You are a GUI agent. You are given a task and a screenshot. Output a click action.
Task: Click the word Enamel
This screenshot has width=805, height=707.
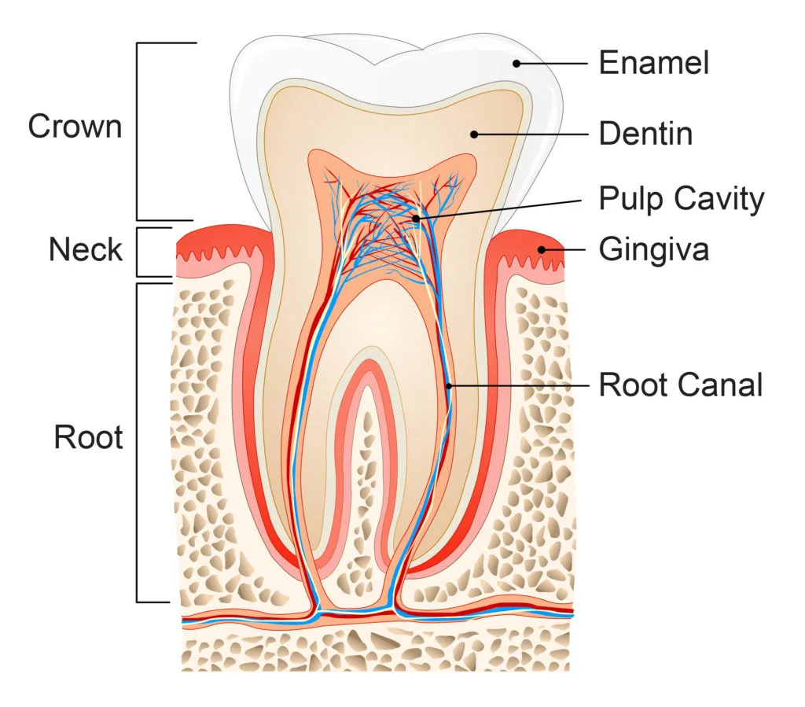pos(653,63)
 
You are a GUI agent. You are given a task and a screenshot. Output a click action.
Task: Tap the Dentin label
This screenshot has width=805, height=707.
pos(645,134)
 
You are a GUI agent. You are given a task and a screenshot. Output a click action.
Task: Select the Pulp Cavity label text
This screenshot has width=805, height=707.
pos(681,199)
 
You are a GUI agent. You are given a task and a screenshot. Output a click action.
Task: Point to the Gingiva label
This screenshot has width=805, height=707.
pos(653,250)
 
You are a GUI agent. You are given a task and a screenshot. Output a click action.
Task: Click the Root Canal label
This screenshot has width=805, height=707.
pos(681,385)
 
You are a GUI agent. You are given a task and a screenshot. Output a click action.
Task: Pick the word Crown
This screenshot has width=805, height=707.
pos(75,127)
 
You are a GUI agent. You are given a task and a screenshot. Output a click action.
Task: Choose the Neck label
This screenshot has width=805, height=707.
pos(86,250)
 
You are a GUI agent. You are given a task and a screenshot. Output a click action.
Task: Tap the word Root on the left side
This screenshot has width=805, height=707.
pos(88,437)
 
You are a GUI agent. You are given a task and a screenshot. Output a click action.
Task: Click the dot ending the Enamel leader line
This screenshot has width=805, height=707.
pos(516,63)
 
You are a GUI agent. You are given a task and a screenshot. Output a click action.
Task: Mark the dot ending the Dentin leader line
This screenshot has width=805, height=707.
pos(474,134)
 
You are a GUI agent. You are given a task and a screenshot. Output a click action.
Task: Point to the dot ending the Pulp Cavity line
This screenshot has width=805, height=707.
pos(417,218)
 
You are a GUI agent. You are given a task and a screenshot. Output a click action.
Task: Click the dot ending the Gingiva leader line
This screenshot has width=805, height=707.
pos(542,250)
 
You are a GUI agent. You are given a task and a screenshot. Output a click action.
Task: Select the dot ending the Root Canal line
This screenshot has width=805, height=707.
pos(449,385)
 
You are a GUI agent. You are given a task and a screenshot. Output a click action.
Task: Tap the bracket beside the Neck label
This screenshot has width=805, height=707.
pos(138,252)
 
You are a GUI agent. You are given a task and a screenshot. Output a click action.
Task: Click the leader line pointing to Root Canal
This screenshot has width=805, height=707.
pos(519,385)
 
